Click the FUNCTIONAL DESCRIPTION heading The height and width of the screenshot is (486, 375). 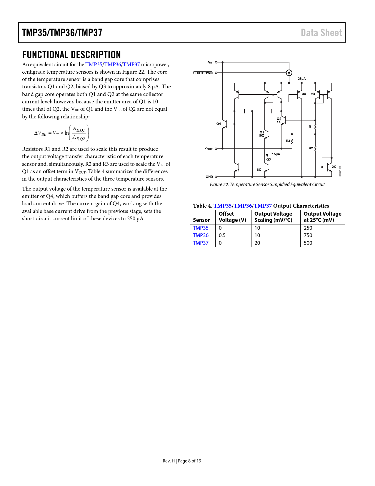click(71, 55)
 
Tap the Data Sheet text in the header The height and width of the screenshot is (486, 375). click(321, 33)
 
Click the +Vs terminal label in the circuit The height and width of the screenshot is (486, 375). click(209, 63)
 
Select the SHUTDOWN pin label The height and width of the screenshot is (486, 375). click(203, 73)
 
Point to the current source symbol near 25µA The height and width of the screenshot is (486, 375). click(289, 73)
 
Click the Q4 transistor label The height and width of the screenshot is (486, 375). click(219, 124)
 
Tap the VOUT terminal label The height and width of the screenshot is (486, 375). click(209, 149)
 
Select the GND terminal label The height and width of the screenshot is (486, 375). click(209, 177)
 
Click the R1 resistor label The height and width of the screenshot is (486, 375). click(311, 127)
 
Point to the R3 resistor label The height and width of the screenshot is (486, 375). click(288, 141)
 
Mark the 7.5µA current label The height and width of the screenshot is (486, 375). click(276, 154)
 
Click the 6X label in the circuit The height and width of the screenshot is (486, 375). click(259, 170)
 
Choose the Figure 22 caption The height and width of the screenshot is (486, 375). click(267, 184)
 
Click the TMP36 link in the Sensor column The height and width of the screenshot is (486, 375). click(201, 235)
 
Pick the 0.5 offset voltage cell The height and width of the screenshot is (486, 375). click(222, 235)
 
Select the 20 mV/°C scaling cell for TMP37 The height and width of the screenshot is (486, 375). click(257, 243)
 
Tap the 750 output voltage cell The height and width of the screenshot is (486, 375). click(308, 235)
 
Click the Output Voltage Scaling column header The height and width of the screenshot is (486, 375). click(273, 217)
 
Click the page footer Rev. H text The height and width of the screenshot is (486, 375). click(169, 461)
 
